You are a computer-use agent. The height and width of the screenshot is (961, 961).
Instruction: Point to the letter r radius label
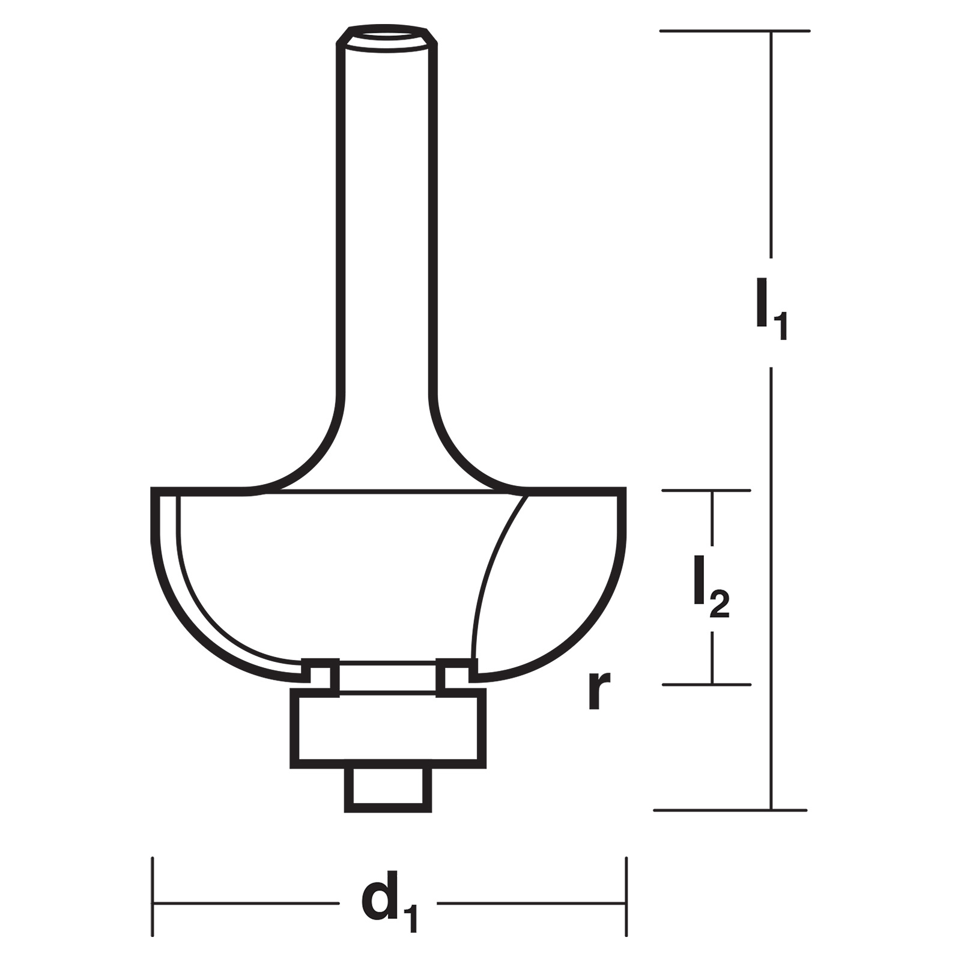(599, 690)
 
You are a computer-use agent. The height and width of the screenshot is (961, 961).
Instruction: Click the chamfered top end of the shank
(386, 35)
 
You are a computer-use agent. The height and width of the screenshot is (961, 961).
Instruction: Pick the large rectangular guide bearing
(388, 729)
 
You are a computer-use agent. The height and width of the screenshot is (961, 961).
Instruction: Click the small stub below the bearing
(388, 790)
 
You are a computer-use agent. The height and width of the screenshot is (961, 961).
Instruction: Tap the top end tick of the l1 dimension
(735, 31)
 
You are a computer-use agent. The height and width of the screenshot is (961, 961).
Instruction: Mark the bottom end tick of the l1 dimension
(730, 810)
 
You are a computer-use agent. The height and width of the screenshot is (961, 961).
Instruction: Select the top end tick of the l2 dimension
(707, 491)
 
